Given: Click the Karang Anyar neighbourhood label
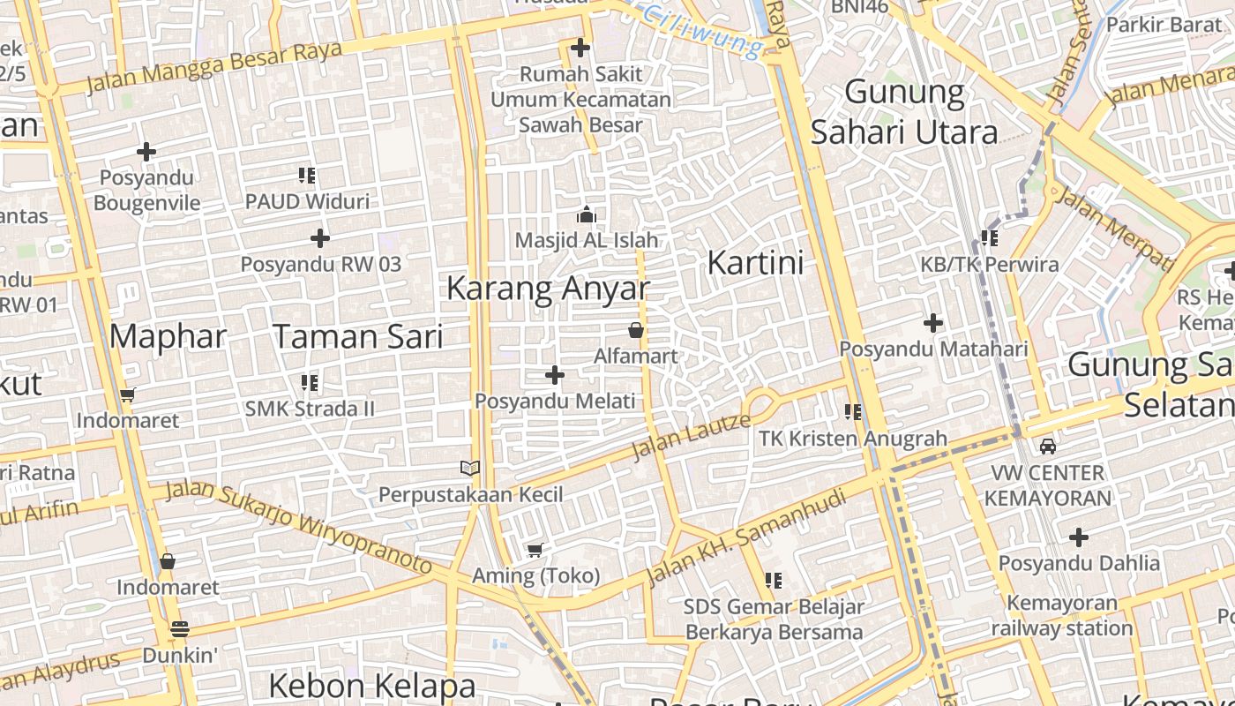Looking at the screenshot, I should point(548,288).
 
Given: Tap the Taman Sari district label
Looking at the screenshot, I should point(357,336).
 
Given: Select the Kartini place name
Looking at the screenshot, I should point(756,263).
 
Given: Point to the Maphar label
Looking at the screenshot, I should point(168,336).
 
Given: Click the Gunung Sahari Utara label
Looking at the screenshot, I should point(904,112).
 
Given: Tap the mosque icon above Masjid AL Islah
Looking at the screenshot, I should point(587,214).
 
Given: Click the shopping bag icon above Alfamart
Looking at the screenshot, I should point(635,331).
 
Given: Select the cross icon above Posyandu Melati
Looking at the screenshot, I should point(555,376).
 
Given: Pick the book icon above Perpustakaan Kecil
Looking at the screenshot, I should point(470,468).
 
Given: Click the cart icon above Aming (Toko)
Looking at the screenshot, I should point(535,551).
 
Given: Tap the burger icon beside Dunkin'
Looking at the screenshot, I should point(180,629).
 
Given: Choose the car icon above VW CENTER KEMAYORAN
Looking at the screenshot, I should point(1047,447).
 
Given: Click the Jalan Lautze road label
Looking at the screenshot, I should point(692,436).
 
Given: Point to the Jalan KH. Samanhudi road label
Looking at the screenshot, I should point(746,537).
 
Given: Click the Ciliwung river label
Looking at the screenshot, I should point(701,29).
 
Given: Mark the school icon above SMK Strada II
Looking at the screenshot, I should point(310,383).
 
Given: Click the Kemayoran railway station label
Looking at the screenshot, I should point(1062,616).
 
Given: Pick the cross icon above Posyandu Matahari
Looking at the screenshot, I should point(933,323).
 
